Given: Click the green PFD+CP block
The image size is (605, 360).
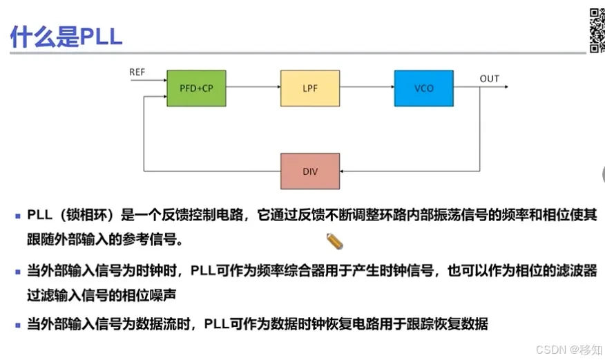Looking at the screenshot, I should click(x=197, y=88).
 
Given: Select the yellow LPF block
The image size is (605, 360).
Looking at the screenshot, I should click(x=310, y=88).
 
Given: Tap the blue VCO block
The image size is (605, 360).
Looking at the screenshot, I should click(x=423, y=88).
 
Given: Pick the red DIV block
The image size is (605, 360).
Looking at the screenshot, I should click(x=310, y=171).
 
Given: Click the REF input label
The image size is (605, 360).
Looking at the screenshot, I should click(x=137, y=72).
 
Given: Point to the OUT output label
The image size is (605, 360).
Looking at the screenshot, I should click(x=489, y=79).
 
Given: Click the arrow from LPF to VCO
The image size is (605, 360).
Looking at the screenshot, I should click(x=367, y=88).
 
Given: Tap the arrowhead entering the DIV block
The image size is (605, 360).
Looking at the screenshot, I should click(x=344, y=171).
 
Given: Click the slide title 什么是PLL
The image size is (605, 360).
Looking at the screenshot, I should click(x=66, y=35).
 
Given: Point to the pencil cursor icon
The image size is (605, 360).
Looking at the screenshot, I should click(x=335, y=241).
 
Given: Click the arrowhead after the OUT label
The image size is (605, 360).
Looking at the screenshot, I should click(x=506, y=88).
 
